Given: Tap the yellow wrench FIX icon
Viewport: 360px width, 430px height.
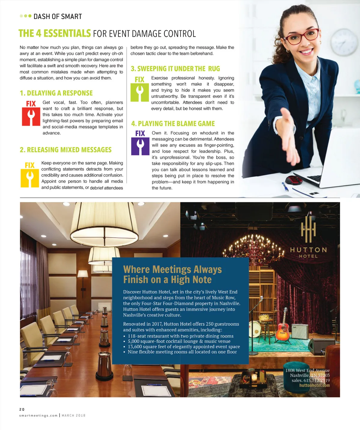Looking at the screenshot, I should pos(30,178).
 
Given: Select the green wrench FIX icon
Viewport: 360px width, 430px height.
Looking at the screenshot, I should pos(140,92).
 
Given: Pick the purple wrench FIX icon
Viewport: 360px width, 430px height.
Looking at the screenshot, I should pos(140,146).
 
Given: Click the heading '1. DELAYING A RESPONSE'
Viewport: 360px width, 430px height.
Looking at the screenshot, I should pos(56,93).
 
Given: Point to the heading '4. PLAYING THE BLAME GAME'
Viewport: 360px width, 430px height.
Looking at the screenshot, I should pos(173,124).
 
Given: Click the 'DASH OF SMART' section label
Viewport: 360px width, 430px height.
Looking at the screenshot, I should pos(58,17).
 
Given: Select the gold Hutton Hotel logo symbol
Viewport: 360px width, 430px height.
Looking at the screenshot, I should pos(308,229).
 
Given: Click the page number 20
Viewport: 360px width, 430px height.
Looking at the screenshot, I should pos(22,409).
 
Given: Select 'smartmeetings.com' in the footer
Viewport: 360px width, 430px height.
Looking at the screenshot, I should pos(38,416).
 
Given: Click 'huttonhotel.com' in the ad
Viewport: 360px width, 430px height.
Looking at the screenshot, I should pos(314,385).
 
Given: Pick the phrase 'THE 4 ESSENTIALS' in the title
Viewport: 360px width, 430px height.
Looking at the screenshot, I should pos(55,33).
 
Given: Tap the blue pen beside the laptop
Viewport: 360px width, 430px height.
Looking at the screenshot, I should pos(285,186).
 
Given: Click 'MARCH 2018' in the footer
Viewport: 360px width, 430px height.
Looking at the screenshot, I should pos(74,416).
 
